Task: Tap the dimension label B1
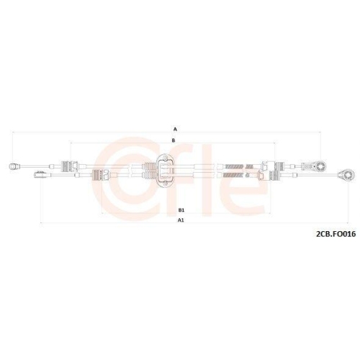[180, 210]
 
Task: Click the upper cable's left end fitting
[15, 166]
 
